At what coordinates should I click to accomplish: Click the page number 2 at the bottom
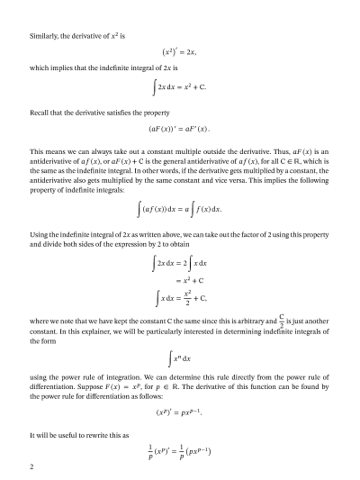click(x=31, y=467)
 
